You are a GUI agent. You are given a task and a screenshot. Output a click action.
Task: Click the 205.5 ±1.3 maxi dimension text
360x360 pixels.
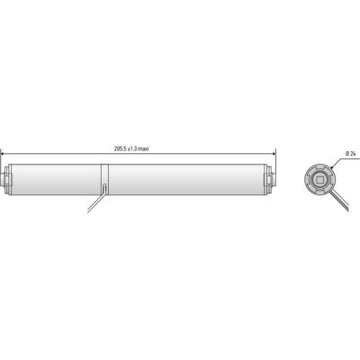point(131,148)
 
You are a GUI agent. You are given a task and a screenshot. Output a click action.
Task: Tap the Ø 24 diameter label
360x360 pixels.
point(350,153)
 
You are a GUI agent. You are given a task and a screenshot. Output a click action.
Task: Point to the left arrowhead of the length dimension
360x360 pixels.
point(3,154)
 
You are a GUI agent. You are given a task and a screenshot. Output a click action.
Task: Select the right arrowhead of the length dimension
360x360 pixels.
point(274,154)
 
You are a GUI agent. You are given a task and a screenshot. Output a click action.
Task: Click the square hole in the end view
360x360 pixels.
point(319,180)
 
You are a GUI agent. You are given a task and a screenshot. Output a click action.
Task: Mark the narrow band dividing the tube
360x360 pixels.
point(104,179)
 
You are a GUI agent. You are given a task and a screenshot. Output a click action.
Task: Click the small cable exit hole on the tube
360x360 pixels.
point(104,188)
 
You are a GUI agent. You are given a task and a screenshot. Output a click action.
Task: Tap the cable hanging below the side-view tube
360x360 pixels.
point(95,202)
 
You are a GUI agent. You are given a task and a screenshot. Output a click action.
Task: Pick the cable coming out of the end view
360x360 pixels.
point(340,200)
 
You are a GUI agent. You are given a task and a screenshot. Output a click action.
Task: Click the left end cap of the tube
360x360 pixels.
point(6,179)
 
